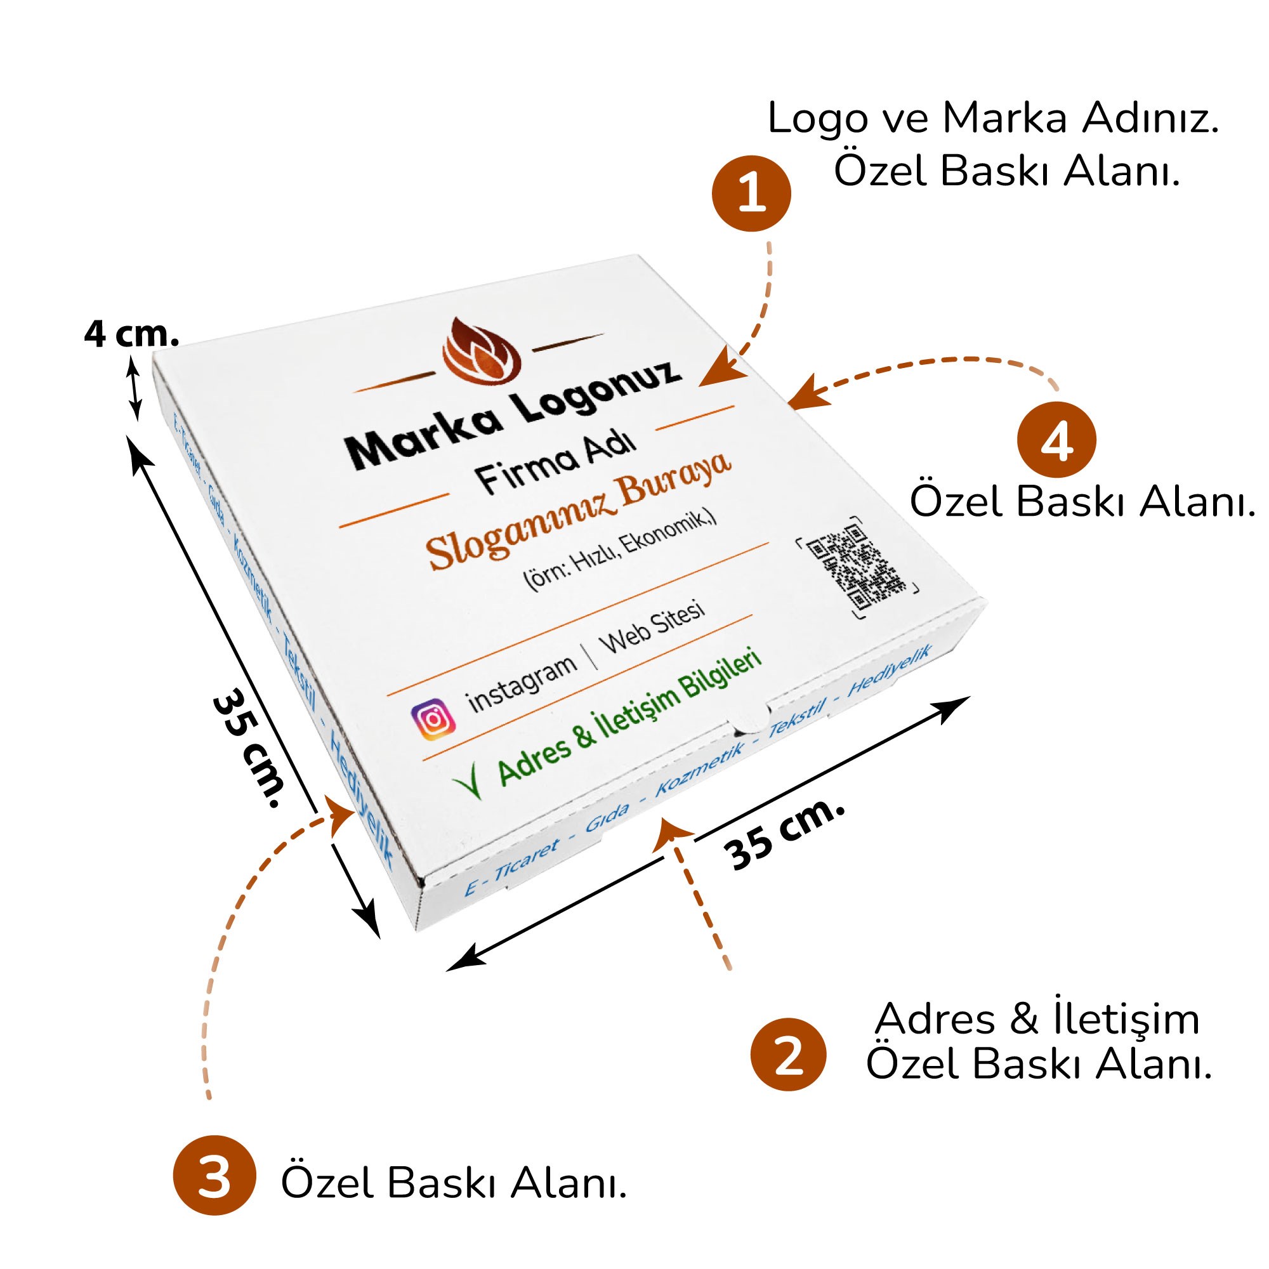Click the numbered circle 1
click(751, 194)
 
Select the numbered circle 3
click(213, 1176)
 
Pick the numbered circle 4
click(1056, 440)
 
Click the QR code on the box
click(855, 567)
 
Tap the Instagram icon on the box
click(433, 720)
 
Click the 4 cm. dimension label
click(131, 335)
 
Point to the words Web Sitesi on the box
click(652, 627)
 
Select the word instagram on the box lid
click(522, 683)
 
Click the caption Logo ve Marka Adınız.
click(993, 119)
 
